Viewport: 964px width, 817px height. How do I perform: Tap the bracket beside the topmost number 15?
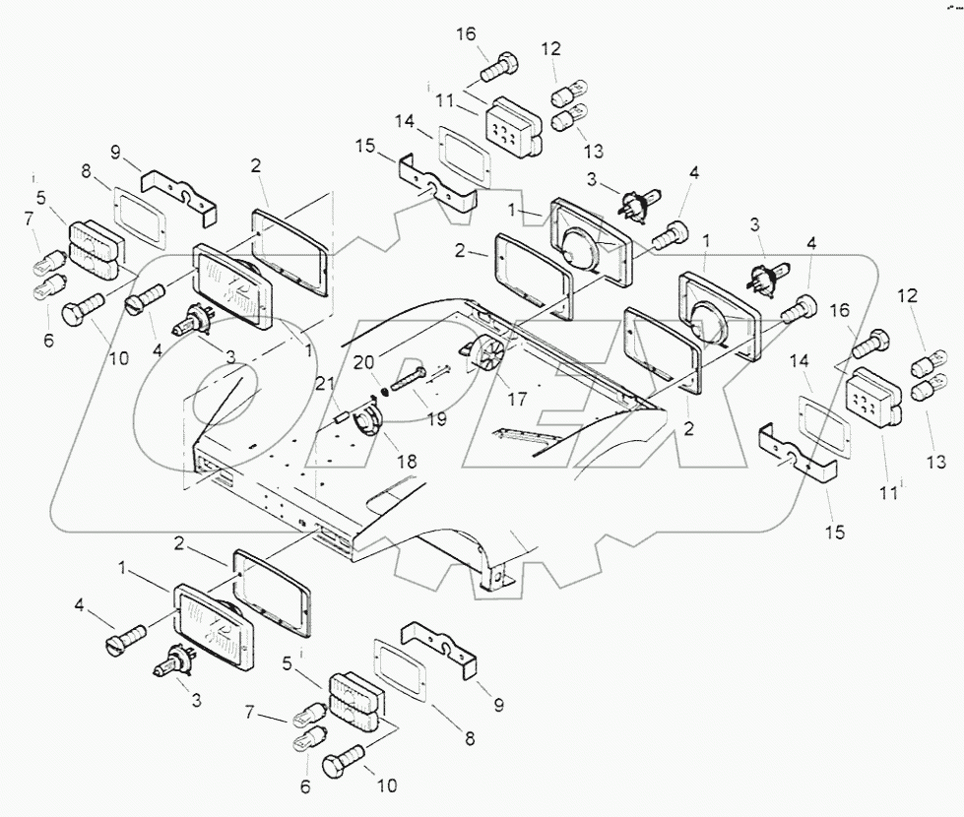pos(439,187)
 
